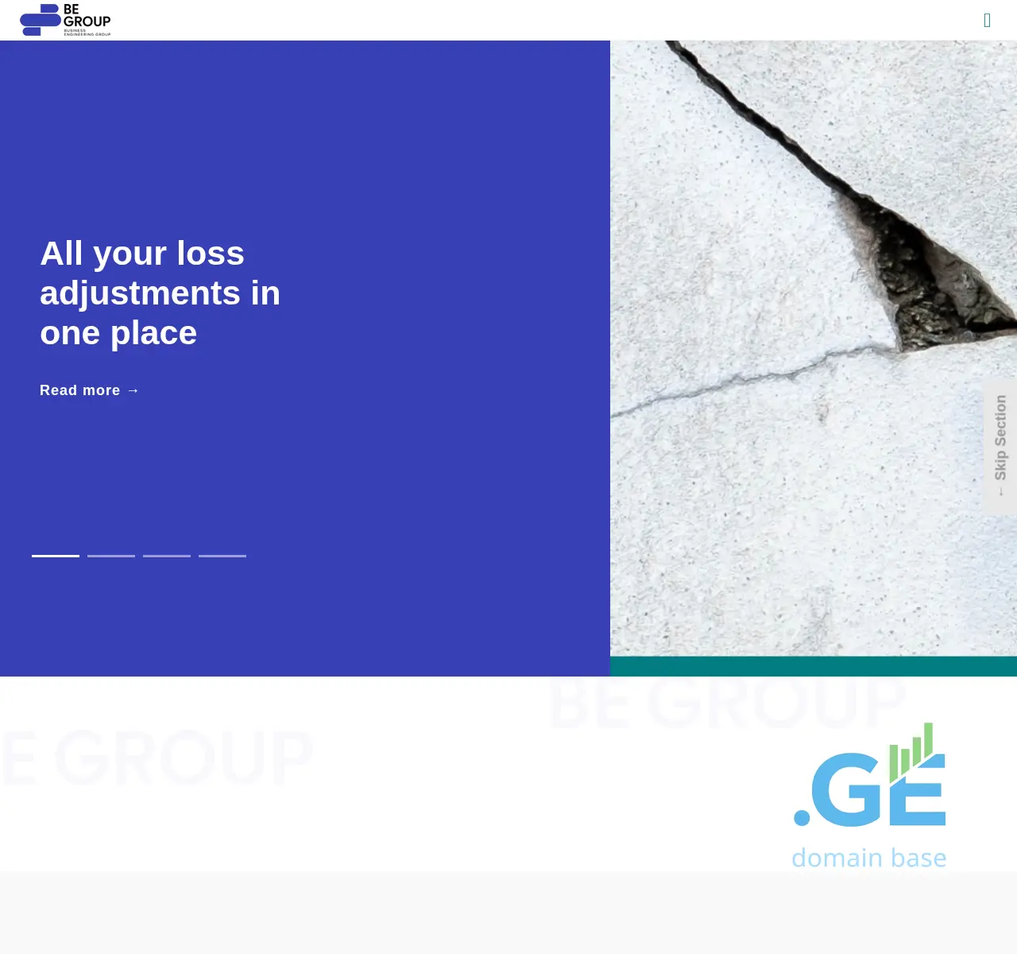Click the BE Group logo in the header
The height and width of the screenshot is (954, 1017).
click(65, 20)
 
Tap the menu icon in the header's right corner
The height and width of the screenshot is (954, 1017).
click(987, 21)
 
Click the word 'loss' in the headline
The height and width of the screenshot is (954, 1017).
click(211, 254)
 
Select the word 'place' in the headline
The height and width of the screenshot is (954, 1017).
click(153, 333)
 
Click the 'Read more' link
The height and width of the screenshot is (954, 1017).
click(80, 390)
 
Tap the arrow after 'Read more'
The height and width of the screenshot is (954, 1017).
click(133, 390)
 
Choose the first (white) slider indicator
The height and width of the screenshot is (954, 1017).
click(56, 556)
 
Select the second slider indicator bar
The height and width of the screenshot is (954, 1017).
click(111, 556)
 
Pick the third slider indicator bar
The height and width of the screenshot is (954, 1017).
click(167, 556)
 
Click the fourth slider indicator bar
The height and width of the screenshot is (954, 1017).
click(222, 556)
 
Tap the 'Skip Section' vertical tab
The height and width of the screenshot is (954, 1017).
click(1000, 445)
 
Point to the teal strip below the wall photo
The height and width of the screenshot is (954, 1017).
click(814, 666)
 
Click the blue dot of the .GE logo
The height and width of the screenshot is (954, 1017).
click(802, 816)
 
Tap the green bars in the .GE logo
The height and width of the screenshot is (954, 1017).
click(912, 751)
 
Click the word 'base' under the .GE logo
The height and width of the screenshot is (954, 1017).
click(918, 858)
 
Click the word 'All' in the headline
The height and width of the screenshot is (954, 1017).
click(61, 254)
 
